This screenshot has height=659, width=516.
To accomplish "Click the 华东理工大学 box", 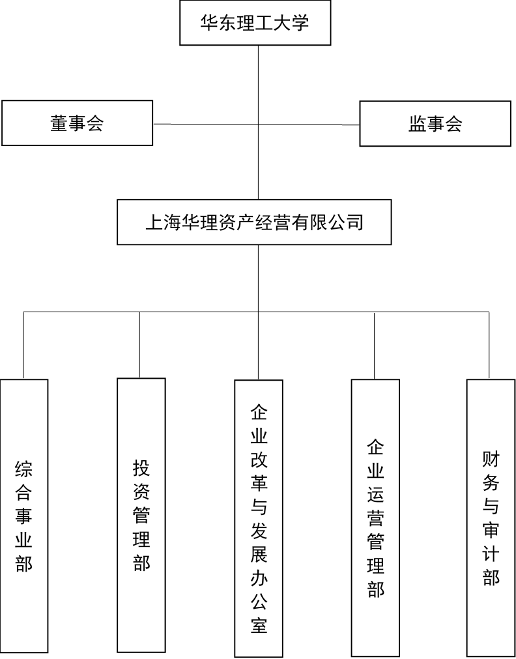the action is click(x=255, y=23).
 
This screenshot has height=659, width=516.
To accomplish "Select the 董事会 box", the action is click(x=78, y=123).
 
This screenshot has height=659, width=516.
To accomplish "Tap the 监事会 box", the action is click(x=435, y=124).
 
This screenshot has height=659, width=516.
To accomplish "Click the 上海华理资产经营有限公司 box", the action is click(x=254, y=222).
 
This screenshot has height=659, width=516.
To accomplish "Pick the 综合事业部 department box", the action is click(x=24, y=516).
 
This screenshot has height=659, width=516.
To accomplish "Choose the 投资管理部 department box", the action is click(x=141, y=515).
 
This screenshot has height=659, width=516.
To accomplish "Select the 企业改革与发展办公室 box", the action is click(x=259, y=518).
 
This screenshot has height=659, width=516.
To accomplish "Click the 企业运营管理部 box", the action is click(x=375, y=518).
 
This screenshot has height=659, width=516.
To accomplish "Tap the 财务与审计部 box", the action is click(x=491, y=518).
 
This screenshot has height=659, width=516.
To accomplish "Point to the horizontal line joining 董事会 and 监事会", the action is click(x=256, y=124).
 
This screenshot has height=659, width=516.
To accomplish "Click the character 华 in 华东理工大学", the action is click(x=208, y=23).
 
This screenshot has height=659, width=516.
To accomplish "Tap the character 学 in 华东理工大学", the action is click(x=300, y=23).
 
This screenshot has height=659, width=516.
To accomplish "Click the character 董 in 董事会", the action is click(x=59, y=123).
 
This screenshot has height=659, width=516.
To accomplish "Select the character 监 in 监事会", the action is click(x=418, y=124).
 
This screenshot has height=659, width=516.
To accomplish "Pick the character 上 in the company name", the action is click(x=154, y=222).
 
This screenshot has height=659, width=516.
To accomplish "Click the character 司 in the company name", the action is click(x=355, y=222).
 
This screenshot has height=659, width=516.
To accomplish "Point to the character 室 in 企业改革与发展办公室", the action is click(x=259, y=625).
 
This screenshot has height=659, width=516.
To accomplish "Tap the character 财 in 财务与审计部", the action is click(x=491, y=460).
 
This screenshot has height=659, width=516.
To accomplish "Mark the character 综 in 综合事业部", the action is click(x=24, y=469).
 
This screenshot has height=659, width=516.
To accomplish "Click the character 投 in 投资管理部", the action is click(x=141, y=468).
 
